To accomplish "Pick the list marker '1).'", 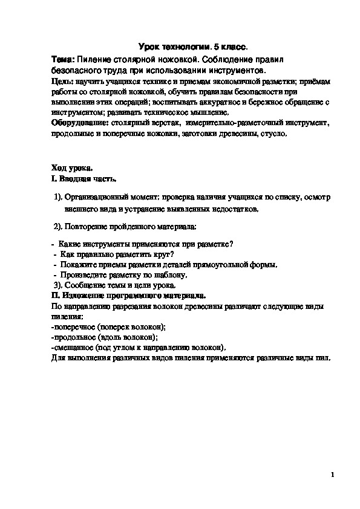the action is click(58, 197).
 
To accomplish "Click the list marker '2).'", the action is click(58, 226).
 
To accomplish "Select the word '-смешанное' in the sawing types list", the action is click(72, 347).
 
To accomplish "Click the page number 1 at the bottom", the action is click(333, 476).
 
